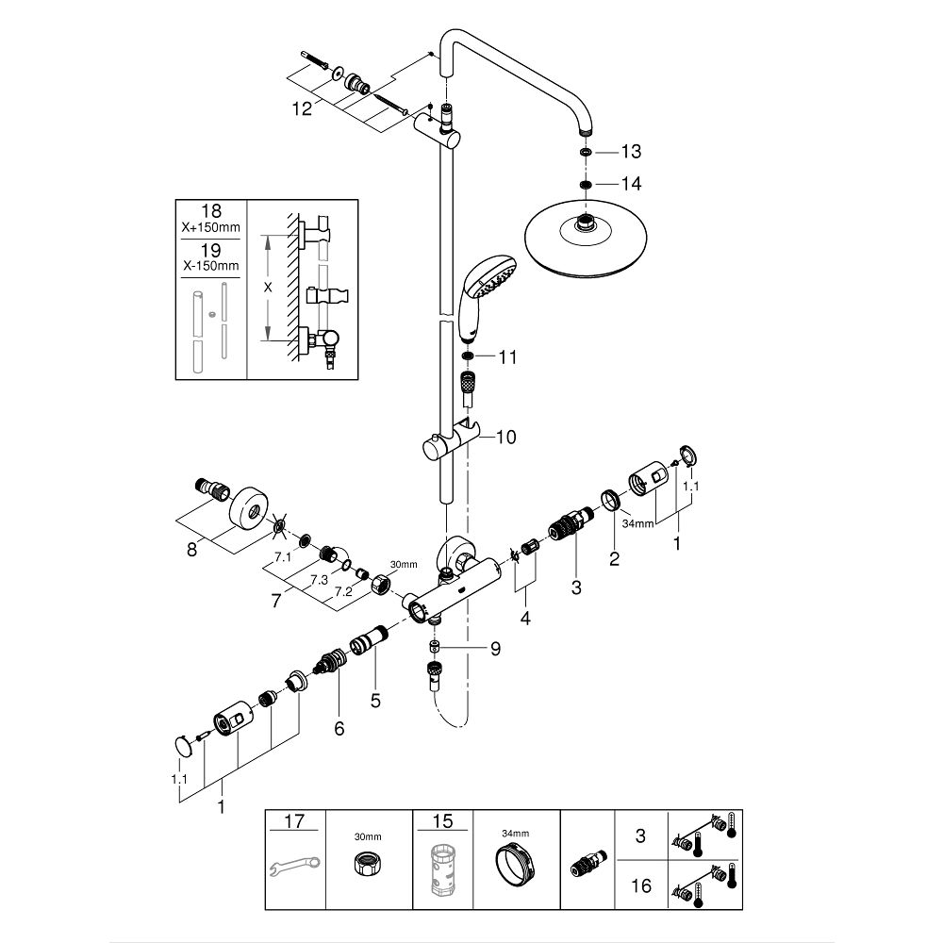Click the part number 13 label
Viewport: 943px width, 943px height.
click(631, 152)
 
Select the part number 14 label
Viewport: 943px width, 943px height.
click(631, 184)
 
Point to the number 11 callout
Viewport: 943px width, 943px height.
click(508, 357)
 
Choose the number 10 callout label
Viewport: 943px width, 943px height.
click(506, 437)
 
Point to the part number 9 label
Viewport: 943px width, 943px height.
click(495, 649)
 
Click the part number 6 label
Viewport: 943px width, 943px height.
click(339, 728)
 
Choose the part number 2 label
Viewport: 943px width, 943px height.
click(614, 559)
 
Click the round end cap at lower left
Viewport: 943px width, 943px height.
click(184, 747)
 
